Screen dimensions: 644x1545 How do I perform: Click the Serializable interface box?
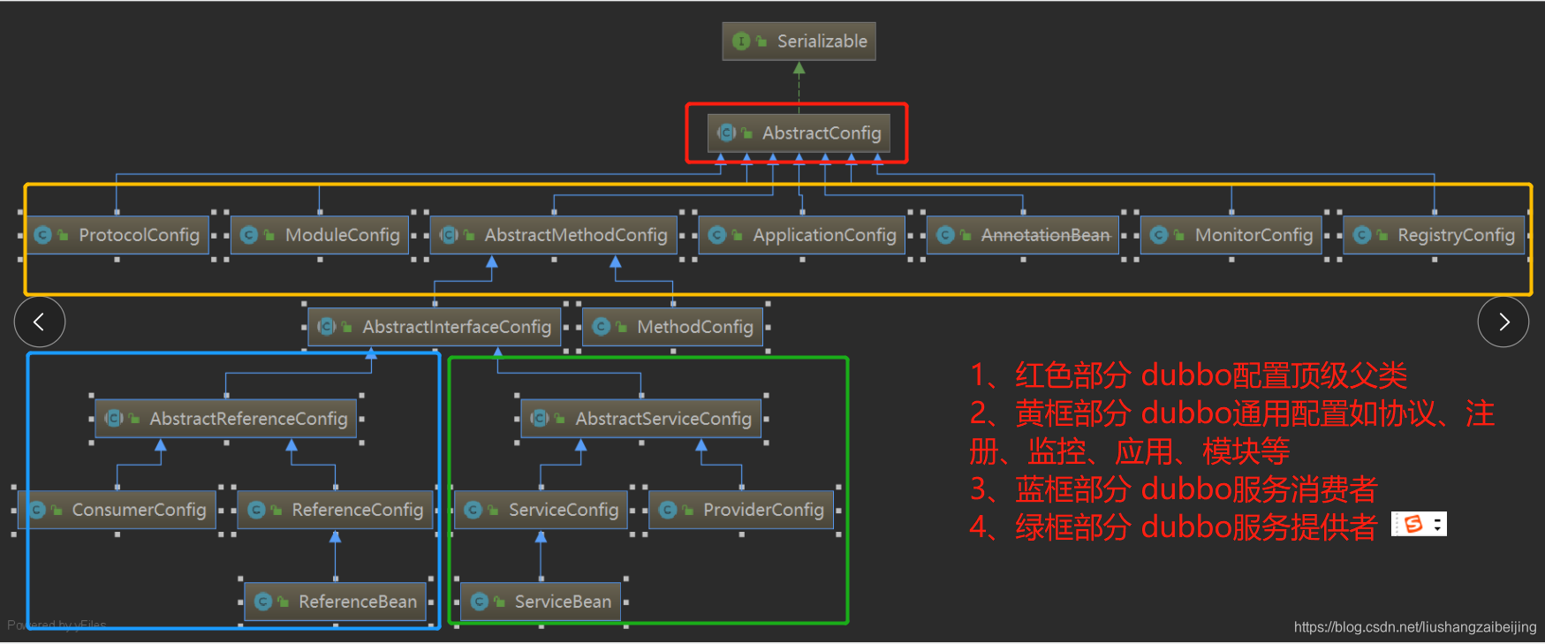[799, 42]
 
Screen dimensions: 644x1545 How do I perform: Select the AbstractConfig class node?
[799, 133]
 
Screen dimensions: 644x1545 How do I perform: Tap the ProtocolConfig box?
[117, 235]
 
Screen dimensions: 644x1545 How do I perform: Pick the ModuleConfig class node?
[321, 235]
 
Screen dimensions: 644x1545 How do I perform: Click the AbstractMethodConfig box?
[555, 235]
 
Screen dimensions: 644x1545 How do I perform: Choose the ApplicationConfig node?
[803, 235]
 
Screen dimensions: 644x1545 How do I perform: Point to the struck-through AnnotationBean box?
[1024, 235]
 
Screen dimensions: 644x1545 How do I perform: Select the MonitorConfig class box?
[1232, 235]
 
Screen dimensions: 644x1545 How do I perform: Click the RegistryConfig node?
[1435, 235]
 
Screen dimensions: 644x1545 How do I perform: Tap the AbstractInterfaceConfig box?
[435, 327]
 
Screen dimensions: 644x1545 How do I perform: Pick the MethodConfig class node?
[674, 327]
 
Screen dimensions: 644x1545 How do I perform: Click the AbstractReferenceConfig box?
[227, 419]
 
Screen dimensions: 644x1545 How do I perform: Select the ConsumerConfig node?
[117, 510]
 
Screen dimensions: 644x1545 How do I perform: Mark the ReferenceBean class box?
[336, 602]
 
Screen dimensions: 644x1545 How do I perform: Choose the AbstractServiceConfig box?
[642, 419]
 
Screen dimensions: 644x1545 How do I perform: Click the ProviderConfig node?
[742, 510]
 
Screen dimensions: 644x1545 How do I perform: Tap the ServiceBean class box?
[542, 602]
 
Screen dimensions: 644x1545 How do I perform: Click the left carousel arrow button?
[40, 322]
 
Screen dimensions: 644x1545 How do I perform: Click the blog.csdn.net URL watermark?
[1414, 627]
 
